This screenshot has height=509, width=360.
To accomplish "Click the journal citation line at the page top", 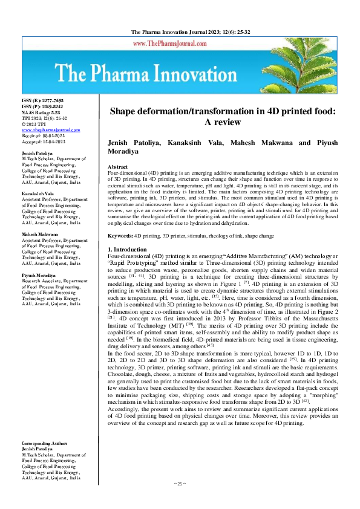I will (x=179, y=31).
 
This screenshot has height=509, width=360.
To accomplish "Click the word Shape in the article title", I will (x=124, y=111).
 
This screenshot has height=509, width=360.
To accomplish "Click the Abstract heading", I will (x=117, y=166).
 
